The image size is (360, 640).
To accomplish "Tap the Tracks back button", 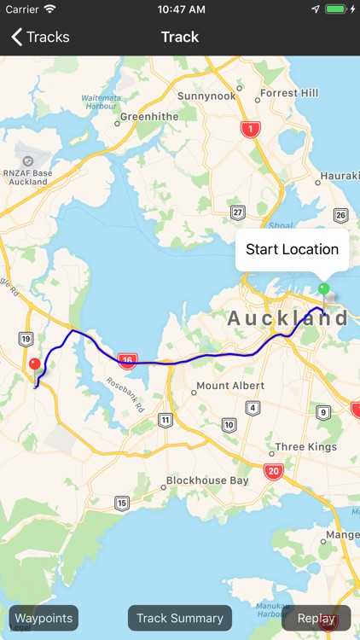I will click(40, 37).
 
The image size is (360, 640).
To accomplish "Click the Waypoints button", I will click(44, 618).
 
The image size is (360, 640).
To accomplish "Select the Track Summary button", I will click(180, 618).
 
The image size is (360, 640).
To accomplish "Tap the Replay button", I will click(316, 618).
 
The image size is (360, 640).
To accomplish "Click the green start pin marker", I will click(323, 288).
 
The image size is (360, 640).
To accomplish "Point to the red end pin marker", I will click(35, 364).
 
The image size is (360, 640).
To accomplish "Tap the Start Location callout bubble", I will click(292, 249).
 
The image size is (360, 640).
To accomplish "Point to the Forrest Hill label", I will click(288, 93).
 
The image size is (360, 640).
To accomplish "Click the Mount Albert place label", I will click(230, 386).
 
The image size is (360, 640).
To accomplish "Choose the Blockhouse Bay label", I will click(207, 480).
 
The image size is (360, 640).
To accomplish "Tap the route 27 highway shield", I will click(238, 212).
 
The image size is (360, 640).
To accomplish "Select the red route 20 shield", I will click(273, 471).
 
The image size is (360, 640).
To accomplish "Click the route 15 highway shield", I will click(122, 503).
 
